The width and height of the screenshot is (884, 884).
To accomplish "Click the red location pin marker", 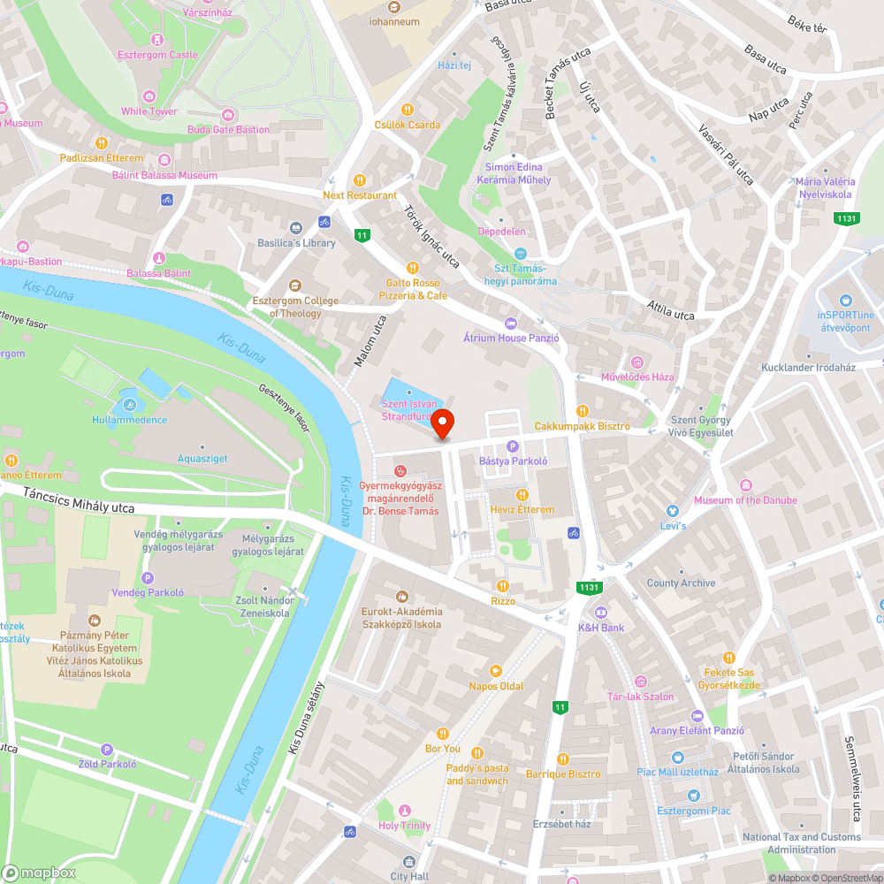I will (x=442, y=423).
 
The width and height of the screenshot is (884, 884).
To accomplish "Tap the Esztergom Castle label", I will (x=157, y=55).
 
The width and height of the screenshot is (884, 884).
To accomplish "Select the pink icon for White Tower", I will (x=149, y=95).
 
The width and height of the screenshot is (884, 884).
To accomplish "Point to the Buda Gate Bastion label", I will (x=228, y=130).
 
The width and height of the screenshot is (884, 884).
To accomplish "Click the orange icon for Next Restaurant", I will (x=359, y=179).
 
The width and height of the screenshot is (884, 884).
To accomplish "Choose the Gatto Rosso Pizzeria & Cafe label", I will (x=413, y=289).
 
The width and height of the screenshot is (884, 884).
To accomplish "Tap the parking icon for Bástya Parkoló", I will (x=513, y=446).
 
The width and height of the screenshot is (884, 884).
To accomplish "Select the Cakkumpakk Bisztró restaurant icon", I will (x=582, y=411).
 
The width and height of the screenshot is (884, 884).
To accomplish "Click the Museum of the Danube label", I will (x=745, y=500).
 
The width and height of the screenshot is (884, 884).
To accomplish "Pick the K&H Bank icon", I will (x=601, y=612).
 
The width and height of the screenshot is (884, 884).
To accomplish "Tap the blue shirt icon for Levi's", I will (x=672, y=511).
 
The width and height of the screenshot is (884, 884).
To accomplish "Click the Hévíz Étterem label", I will (x=522, y=510).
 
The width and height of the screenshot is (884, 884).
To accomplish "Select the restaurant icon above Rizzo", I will (x=503, y=585).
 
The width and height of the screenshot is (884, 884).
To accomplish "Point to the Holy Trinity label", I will (x=404, y=826).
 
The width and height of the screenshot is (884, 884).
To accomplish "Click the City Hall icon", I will (x=408, y=861).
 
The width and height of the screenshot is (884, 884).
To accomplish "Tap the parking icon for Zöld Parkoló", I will (x=108, y=749).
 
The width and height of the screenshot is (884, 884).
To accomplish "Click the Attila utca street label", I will (x=670, y=313).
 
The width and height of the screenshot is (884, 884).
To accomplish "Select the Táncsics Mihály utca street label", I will (x=80, y=502).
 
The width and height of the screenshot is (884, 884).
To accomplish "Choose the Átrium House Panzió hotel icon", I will (x=509, y=323).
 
